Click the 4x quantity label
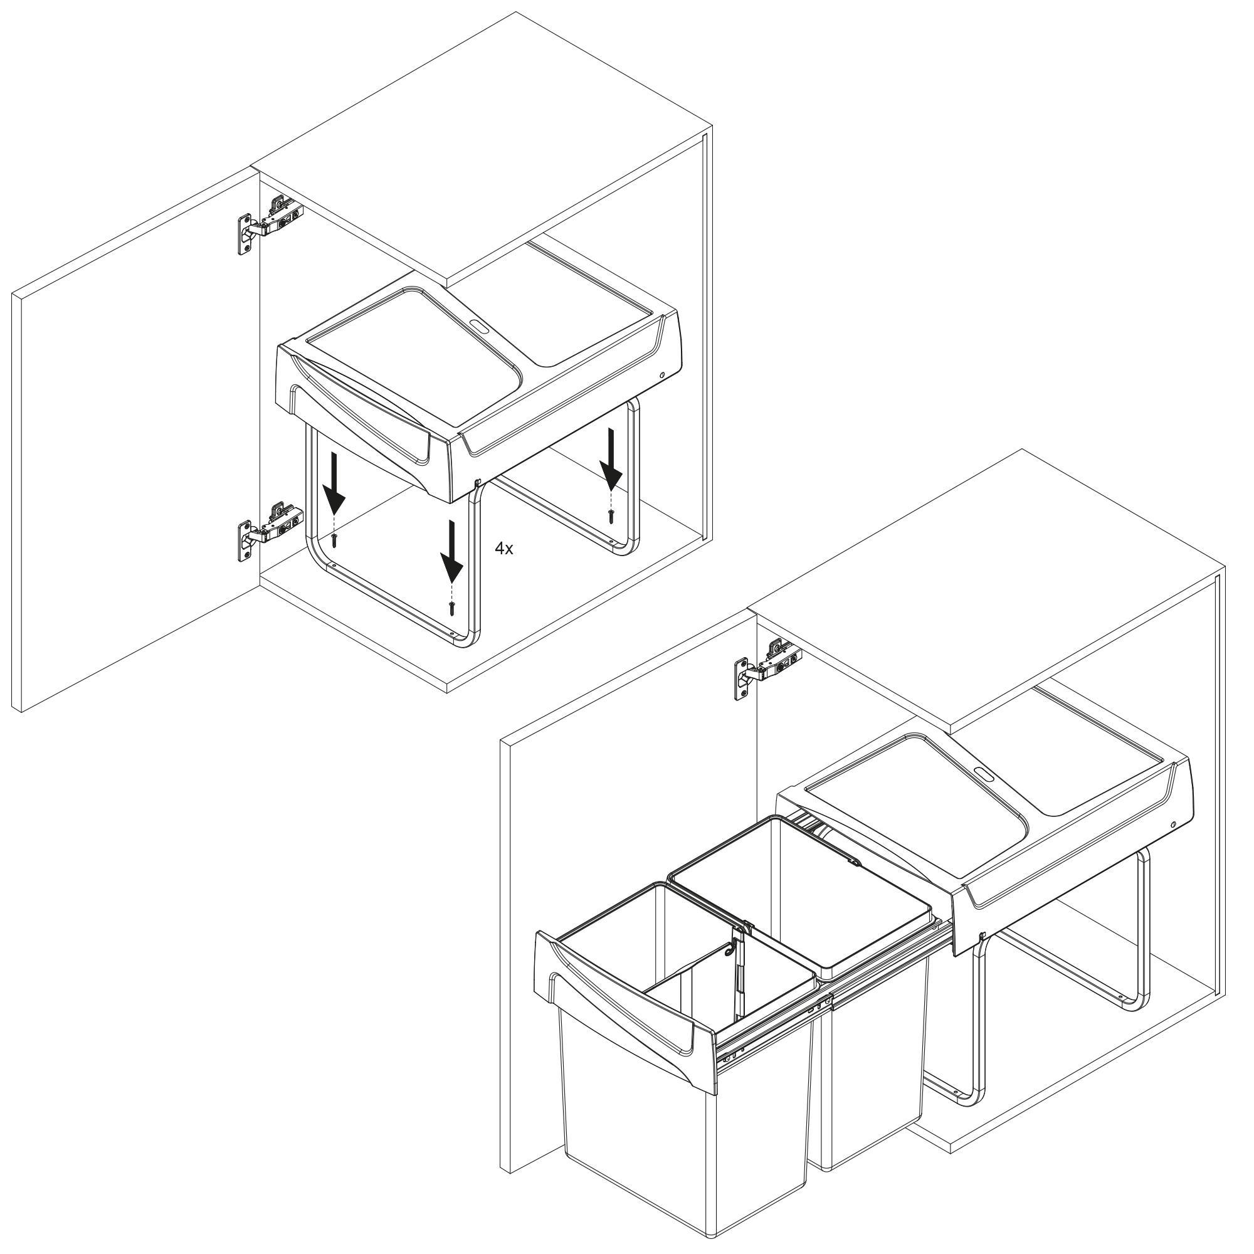503,549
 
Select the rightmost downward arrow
611,458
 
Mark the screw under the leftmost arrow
334,540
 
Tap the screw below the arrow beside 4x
449,608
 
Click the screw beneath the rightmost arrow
611,517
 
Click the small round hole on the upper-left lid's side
661,376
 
